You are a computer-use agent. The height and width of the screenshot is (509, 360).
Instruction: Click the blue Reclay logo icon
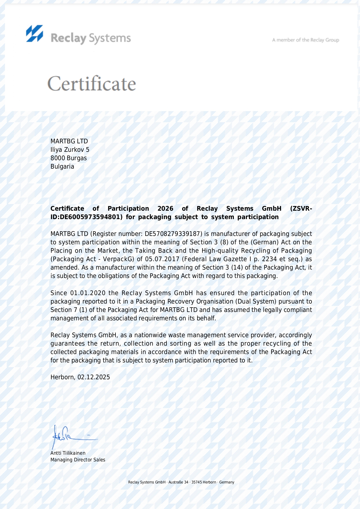[x=35, y=33]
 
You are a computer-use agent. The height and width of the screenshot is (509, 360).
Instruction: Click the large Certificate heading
[x=91, y=84]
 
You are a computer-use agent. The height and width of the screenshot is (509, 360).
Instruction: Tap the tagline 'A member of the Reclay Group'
[x=305, y=40]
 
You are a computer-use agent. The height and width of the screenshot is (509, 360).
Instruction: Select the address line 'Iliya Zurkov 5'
[x=70, y=150]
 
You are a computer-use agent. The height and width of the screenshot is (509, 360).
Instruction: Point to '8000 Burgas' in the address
[x=68, y=158]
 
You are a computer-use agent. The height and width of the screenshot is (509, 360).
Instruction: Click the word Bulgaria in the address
[x=62, y=167]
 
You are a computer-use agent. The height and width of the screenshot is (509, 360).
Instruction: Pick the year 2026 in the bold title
[x=165, y=209]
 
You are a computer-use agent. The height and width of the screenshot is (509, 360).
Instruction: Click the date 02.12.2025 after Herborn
[x=94, y=377]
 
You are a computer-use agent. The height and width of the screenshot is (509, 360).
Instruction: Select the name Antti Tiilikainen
[x=68, y=453]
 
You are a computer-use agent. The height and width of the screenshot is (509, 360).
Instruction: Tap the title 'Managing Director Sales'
[x=78, y=460]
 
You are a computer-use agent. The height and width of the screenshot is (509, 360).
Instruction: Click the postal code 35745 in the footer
[x=196, y=482]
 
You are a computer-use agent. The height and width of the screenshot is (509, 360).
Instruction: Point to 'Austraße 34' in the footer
[x=178, y=482]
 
